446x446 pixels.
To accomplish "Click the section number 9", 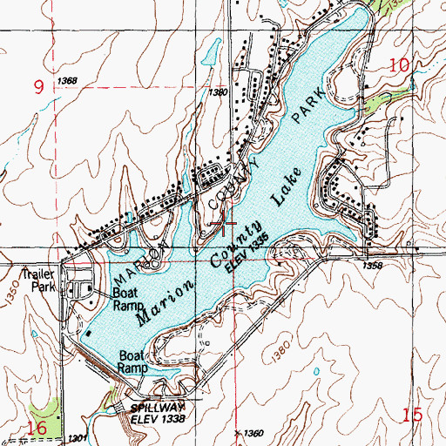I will pyautogui.click(x=38, y=86).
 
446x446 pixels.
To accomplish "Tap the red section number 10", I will pyautogui.click(x=399, y=64).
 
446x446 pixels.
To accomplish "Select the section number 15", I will pyautogui.click(x=413, y=415).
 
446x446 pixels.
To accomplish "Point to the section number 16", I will pyautogui.click(x=37, y=428).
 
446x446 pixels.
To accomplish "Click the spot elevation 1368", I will pyautogui.click(x=66, y=81).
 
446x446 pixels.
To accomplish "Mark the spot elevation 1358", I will pyautogui.click(x=373, y=265).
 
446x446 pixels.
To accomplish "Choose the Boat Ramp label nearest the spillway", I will pyautogui.click(x=135, y=362).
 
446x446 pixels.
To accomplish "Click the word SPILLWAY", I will pyautogui.click(x=152, y=407).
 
